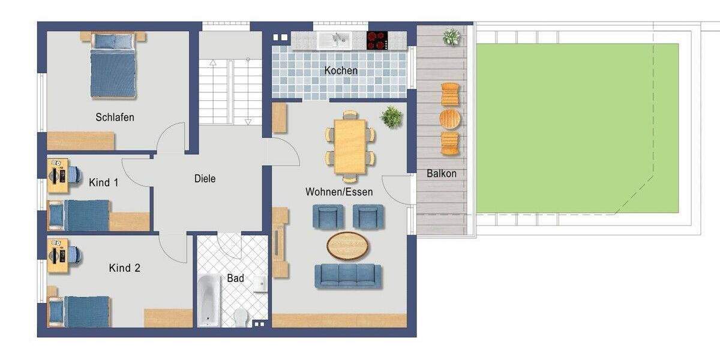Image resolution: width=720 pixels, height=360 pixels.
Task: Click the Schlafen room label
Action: (115, 117)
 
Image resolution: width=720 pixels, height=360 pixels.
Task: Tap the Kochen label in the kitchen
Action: (341, 70)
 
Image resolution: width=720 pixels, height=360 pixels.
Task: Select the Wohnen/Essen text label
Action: (339, 192)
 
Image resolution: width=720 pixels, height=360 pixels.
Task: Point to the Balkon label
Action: (442, 173)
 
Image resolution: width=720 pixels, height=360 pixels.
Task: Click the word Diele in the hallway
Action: (205, 178)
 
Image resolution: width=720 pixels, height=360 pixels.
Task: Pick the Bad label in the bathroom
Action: (235, 278)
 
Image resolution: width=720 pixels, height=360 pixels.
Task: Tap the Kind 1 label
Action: (103, 182)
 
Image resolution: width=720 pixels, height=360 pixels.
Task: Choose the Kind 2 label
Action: (124, 268)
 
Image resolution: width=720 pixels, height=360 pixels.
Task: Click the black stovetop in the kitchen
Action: (377, 40)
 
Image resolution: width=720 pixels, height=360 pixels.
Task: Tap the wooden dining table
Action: (350, 146)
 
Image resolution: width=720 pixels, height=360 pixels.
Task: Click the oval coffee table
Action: (348, 245)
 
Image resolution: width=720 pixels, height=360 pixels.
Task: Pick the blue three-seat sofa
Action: (348, 275)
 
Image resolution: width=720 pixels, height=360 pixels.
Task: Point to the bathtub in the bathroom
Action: (209, 299)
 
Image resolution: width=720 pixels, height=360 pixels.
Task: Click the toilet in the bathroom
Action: (241, 316)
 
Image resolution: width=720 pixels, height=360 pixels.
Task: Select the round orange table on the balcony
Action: (450, 119)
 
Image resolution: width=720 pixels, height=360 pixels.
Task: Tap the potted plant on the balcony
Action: (451, 37)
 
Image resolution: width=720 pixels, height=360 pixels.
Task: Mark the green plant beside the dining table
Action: (392, 116)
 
